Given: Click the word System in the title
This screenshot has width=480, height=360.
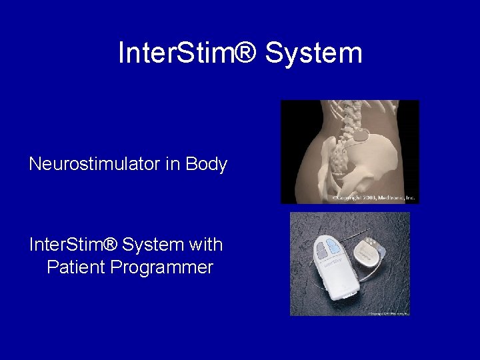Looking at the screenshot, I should pyautogui.click(x=313, y=53).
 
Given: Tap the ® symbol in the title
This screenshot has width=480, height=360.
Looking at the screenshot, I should pyautogui.click(x=244, y=53).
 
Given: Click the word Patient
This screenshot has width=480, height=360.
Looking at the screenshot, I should pyautogui.click(x=77, y=268).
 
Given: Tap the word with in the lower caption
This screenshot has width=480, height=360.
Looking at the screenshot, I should pyautogui.click(x=206, y=245).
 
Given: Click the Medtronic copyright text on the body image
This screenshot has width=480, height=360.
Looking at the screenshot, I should pyautogui.click(x=373, y=198).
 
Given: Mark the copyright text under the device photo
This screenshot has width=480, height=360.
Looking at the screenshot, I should pyautogui.click(x=387, y=312).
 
